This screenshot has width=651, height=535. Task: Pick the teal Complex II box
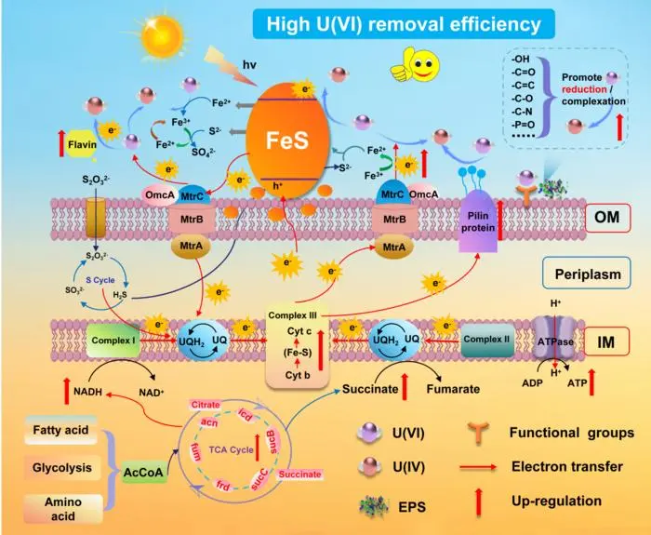(x=485, y=340)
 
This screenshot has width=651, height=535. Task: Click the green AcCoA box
(x=147, y=472)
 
